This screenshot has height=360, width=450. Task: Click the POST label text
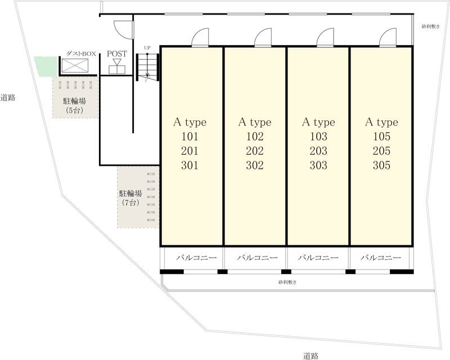[x=117, y=53]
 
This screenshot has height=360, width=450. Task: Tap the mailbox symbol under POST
[x=117, y=66]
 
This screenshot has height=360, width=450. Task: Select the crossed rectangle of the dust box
[x=75, y=66]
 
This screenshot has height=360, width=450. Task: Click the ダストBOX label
[x=81, y=53]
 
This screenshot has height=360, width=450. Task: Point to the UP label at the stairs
[x=147, y=48]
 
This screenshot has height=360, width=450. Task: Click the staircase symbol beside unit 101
[x=147, y=67]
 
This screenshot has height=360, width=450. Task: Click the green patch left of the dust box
[x=46, y=66]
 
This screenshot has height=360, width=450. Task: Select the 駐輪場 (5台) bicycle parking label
[x=75, y=105]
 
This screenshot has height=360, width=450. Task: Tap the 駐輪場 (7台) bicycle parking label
[x=130, y=198]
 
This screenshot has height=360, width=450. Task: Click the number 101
[x=190, y=136]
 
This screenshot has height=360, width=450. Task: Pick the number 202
[x=255, y=151]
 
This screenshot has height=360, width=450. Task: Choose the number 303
[x=318, y=165]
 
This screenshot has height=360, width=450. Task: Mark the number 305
[x=382, y=165]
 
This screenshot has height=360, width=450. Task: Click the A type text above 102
[x=255, y=122]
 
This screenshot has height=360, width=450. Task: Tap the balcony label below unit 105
[x=381, y=258]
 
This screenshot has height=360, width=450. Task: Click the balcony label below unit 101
[x=196, y=258]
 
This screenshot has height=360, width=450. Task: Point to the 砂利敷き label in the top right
[x=430, y=26]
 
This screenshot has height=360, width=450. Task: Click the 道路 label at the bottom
[x=310, y=356]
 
